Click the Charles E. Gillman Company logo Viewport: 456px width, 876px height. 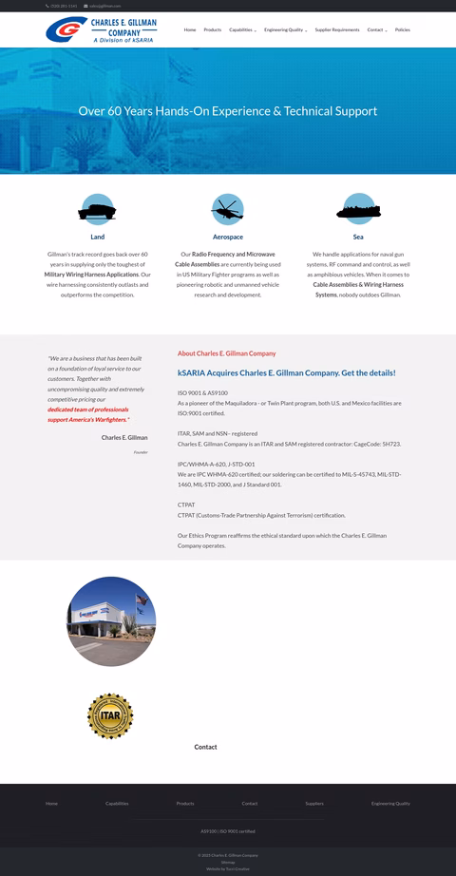102,30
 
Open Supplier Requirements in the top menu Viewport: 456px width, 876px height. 337,30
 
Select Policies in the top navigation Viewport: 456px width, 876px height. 403,30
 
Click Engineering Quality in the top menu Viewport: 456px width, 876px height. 284,30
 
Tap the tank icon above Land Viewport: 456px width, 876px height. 97,208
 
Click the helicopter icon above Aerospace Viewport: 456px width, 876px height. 228,208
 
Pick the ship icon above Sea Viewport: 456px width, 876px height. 358,208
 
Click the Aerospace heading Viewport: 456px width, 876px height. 228,237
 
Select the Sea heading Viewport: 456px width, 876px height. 358,237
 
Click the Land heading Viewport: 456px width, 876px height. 98,237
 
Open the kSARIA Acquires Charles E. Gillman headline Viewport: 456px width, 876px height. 286,373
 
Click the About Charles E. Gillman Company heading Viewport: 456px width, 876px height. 226,353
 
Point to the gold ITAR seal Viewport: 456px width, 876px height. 110,715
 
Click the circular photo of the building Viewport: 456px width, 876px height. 110,620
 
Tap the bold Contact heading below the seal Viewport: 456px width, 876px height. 205,747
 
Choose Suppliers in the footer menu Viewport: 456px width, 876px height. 314,804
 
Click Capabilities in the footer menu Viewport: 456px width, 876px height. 117,804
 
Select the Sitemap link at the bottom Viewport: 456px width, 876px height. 228,862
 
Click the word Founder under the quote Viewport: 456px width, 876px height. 141,452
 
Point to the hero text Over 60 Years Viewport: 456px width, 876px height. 227,111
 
